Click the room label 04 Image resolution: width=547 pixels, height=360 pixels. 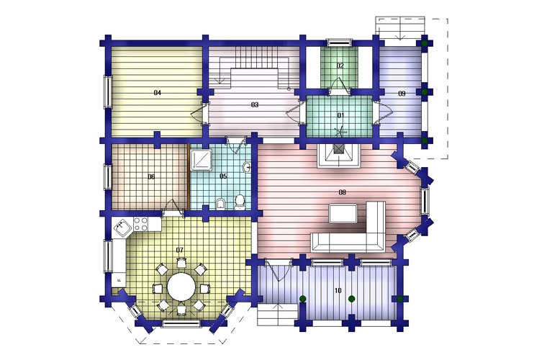coord(158,93)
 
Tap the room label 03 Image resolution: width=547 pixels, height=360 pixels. coord(255,104)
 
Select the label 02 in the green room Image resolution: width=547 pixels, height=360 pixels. coord(340,66)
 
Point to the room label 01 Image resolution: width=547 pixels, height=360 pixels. coord(340,115)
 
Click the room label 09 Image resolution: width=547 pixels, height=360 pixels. coord(402,94)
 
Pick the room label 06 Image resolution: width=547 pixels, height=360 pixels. coord(151,177)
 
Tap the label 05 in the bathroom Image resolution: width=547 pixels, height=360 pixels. coord(223,176)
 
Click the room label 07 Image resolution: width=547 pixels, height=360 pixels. coord(179,250)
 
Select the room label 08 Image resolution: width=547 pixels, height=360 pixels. coord(342,192)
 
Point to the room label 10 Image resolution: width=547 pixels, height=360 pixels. coord(338,291)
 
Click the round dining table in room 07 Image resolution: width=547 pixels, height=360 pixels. coord(181,287)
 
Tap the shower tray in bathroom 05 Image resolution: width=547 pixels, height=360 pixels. coord(201,160)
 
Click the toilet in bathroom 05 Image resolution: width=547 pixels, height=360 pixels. coord(240,202)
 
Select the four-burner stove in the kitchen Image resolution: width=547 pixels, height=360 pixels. coord(141,224)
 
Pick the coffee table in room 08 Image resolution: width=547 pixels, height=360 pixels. coord(343,214)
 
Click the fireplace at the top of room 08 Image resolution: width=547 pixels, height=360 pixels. coord(338,156)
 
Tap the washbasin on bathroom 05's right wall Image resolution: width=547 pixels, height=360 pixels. coord(247,168)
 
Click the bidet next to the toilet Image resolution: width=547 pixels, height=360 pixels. coord(220,204)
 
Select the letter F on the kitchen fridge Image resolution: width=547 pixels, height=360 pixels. coord(119,280)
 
